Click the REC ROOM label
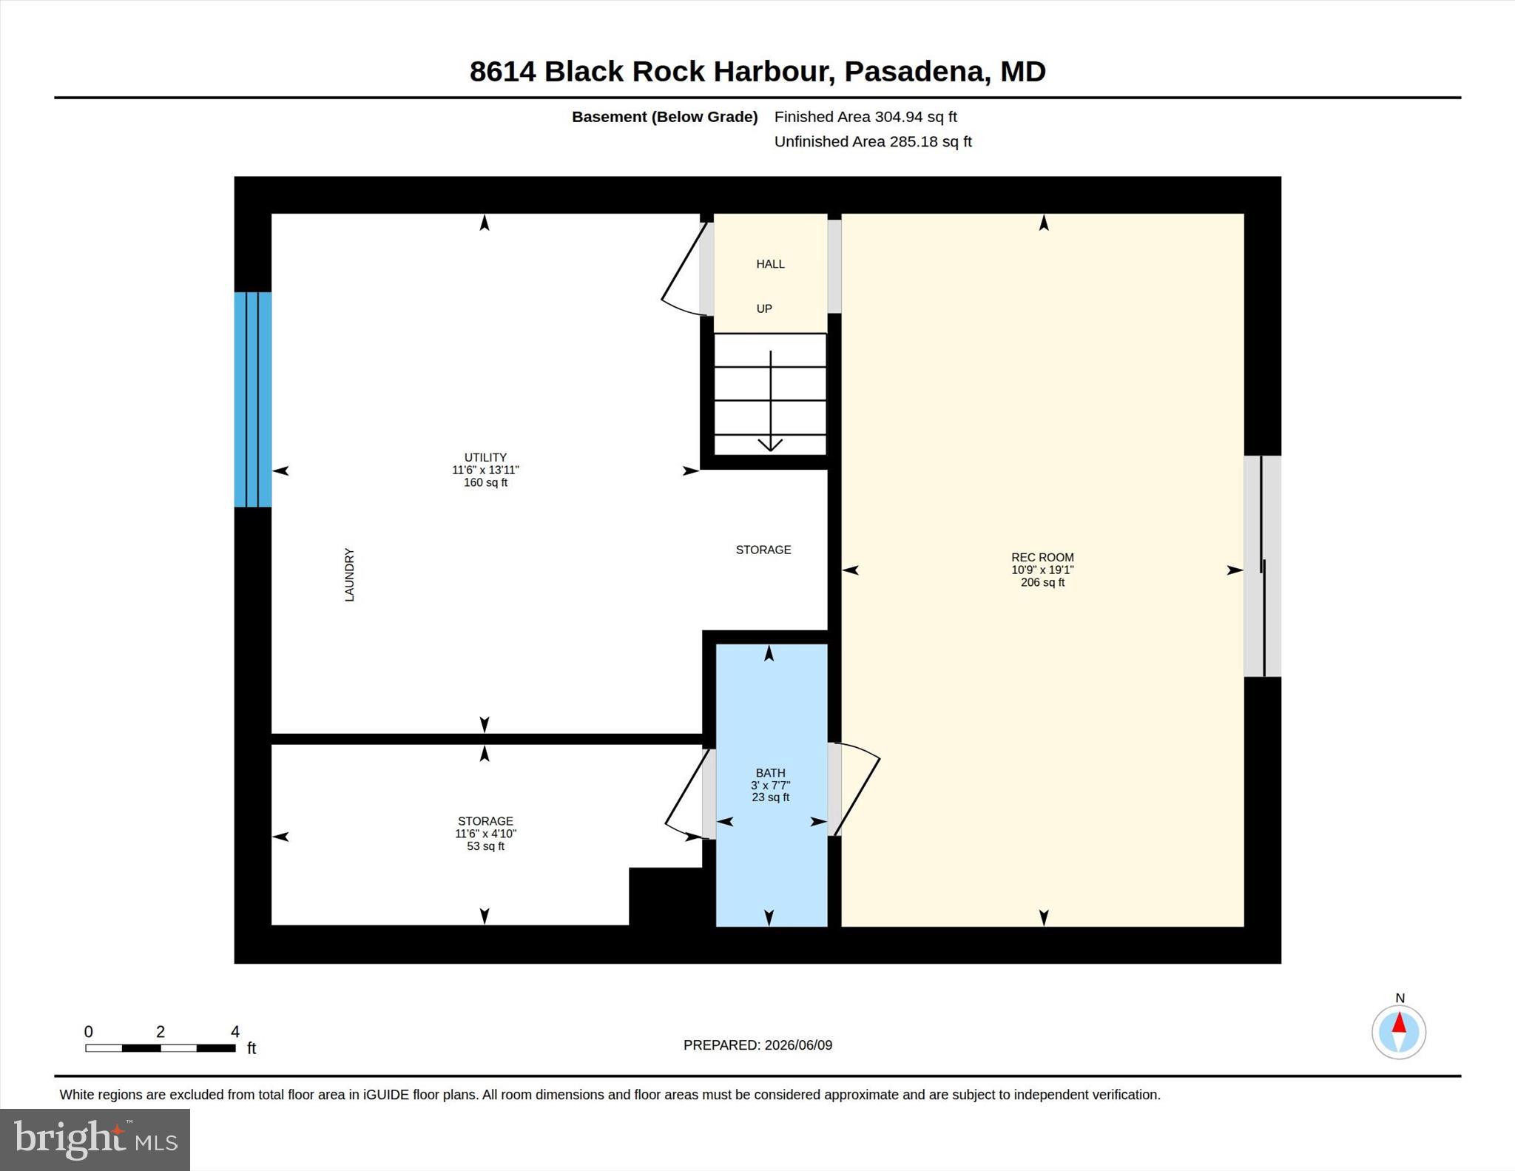1042,557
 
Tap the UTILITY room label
485,457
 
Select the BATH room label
770,773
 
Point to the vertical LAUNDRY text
349,575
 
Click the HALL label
770,264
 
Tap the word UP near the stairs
764,308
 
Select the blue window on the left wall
253,399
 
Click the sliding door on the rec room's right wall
1263,566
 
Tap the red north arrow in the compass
1399,1024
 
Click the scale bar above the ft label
160,1047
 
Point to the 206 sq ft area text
1042,582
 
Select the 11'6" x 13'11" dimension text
485,470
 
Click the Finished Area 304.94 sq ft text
866,117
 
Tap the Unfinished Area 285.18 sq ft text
873,141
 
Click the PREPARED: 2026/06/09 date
757,1045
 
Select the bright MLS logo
95,1139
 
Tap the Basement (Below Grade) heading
664,117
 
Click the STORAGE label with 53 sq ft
485,821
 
